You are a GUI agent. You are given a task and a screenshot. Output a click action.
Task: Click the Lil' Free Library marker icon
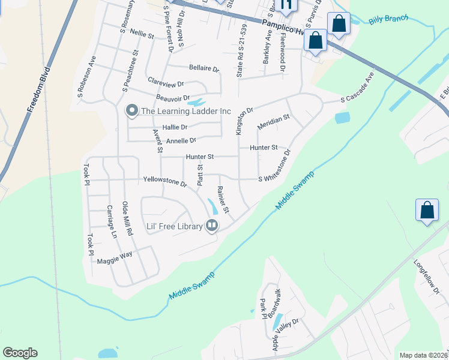coord(211,226)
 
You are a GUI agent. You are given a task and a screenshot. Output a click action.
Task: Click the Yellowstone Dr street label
coord(165,181)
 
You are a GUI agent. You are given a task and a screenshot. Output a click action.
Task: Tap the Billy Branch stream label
coord(388,20)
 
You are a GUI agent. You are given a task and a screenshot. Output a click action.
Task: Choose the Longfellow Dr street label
coord(427,277)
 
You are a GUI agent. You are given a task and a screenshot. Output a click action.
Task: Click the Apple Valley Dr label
coord(286,336)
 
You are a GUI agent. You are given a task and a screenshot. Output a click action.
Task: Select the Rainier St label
coord(223,200)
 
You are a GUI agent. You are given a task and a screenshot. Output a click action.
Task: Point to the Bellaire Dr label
coord(203,68)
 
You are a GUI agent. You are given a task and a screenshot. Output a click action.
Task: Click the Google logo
coord(20,352)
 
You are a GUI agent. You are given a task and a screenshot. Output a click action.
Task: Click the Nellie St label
coord(142,36)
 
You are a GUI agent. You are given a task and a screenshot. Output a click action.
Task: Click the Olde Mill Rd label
coord(127,217)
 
